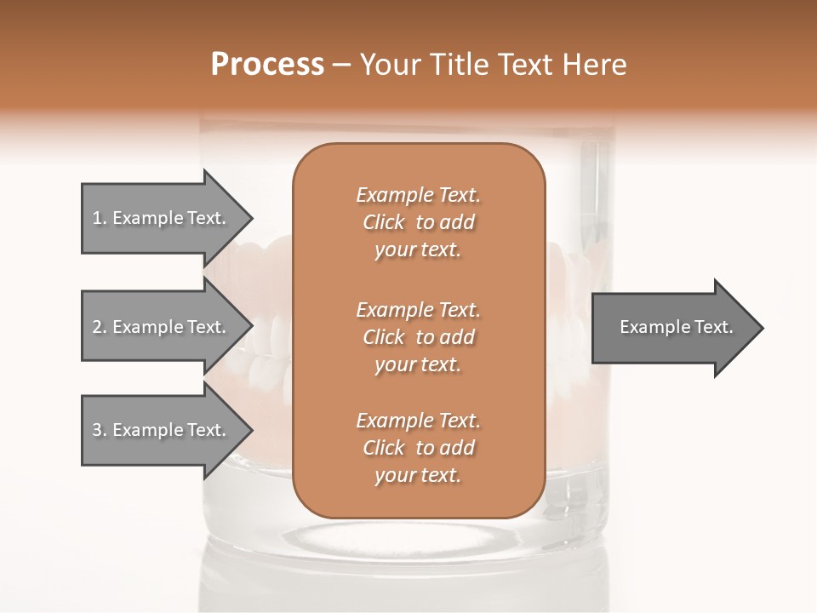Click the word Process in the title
click(267, 65)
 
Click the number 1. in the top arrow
click(99, 218)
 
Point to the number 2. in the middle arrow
click(99, 327)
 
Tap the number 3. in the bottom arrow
click(99, 430)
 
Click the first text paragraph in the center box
click(418, 222)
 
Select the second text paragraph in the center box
click(418, 336)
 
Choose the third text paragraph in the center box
click(418, 448)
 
